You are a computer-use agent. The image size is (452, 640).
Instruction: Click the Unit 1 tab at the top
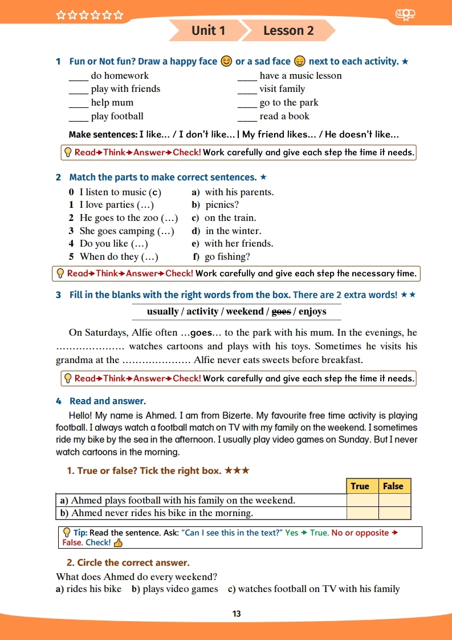tap(209, 31)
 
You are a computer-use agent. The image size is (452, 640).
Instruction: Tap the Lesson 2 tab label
tap(288, 31)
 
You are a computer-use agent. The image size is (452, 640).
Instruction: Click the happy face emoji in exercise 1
tap(226, 62)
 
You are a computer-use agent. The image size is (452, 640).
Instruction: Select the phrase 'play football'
tap(117, 116)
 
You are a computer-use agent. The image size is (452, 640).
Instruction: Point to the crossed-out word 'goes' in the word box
tap(281, 312)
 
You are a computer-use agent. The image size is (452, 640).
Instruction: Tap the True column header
tap(360, 486)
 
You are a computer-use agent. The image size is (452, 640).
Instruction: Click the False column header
tap(393, 486)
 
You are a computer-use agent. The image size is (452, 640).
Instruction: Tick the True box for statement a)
tap(363, 501)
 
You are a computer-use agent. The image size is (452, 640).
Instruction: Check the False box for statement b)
tap(395, 513)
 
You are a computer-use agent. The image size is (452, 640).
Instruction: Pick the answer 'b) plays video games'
tap(174, 589)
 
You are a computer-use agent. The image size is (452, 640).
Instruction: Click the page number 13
tap(237, 614)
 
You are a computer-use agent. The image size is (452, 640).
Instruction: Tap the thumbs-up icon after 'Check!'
tap(119, 543)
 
